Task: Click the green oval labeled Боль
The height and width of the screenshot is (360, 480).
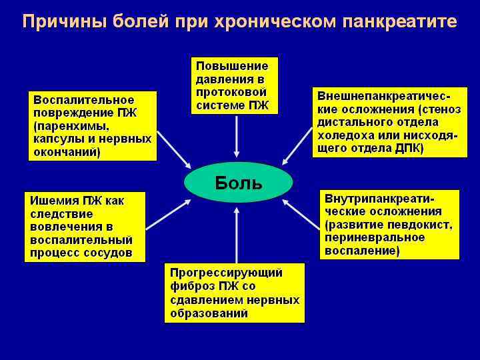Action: tap(238, 182)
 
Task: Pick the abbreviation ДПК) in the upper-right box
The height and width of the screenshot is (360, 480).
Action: tap(408, 148)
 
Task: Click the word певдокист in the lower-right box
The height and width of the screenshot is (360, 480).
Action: tap(419, 225)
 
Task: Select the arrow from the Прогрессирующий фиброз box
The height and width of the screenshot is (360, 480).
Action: tap(236, 233)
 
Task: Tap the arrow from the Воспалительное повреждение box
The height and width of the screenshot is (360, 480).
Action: tap(174, 151)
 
